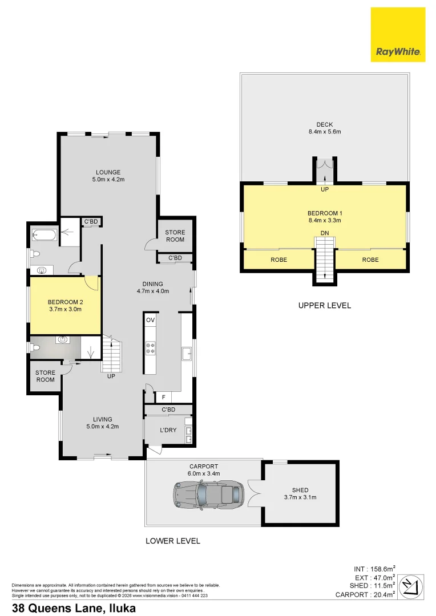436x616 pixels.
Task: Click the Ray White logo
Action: (398, 34)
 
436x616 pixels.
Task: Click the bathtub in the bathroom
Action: (43, 234)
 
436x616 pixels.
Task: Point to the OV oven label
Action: (151, 320)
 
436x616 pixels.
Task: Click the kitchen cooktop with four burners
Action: (151, 348)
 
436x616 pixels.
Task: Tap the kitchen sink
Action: (187, 355)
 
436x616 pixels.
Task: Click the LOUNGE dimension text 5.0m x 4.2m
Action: (108, 180)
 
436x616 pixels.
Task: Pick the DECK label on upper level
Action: (325, 124)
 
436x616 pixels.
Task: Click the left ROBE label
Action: (279, 260)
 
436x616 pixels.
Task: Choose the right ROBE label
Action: (370, 260)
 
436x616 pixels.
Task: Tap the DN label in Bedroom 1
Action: (325, 232)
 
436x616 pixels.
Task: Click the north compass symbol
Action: (413, 586)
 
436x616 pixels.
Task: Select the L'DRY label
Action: (168, 430)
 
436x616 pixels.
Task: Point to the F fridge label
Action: (163, 397)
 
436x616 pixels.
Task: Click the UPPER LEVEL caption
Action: (325, 305)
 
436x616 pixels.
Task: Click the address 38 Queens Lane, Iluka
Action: (74, 608)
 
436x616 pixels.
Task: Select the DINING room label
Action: (153, 283)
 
